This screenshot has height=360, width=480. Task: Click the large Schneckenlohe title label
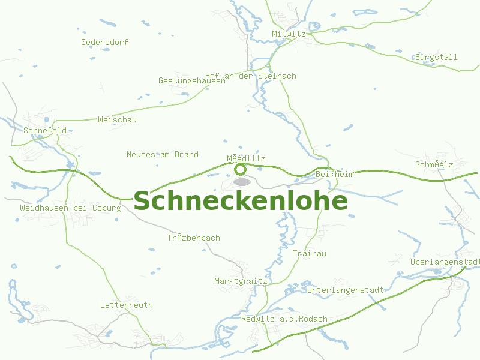240,202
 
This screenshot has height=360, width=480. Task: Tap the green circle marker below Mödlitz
240,169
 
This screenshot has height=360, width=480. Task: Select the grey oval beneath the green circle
242,181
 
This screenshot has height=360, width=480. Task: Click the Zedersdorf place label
104,43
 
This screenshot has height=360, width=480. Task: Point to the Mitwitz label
289,34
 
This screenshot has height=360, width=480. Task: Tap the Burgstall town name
436,58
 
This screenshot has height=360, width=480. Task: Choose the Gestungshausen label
192,81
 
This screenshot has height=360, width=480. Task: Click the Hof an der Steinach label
251,76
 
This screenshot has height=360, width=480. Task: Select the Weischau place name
118,120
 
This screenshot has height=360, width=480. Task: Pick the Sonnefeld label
45,130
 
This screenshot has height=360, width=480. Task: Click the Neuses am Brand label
163,155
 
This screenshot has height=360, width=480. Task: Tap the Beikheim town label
335,174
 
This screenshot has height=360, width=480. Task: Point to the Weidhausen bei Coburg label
70,208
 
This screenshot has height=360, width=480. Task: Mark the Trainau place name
310,254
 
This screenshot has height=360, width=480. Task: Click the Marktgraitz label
241,281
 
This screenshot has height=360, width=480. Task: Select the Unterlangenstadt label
345,290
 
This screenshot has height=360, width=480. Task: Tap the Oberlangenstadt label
445,262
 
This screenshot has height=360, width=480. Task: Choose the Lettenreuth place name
127,305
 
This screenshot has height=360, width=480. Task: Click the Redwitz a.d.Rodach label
284,319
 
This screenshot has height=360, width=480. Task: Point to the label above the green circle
246,159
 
